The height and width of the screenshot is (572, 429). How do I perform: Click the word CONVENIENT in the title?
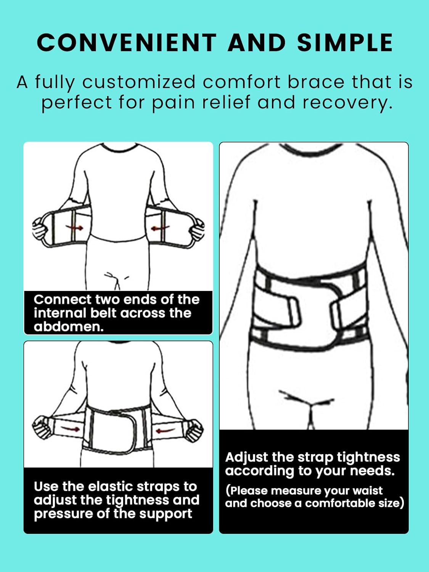(x=127, y=42)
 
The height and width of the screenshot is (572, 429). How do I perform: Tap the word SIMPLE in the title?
(x=345, y=42)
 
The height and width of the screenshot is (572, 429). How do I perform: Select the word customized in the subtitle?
(x=139, y=82)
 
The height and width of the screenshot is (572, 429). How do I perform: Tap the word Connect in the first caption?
(x=62, y=300)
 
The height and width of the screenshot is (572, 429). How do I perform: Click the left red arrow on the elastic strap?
(x=70, y=429)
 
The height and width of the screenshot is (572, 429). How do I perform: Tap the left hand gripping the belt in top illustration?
(x=39, y=229)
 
